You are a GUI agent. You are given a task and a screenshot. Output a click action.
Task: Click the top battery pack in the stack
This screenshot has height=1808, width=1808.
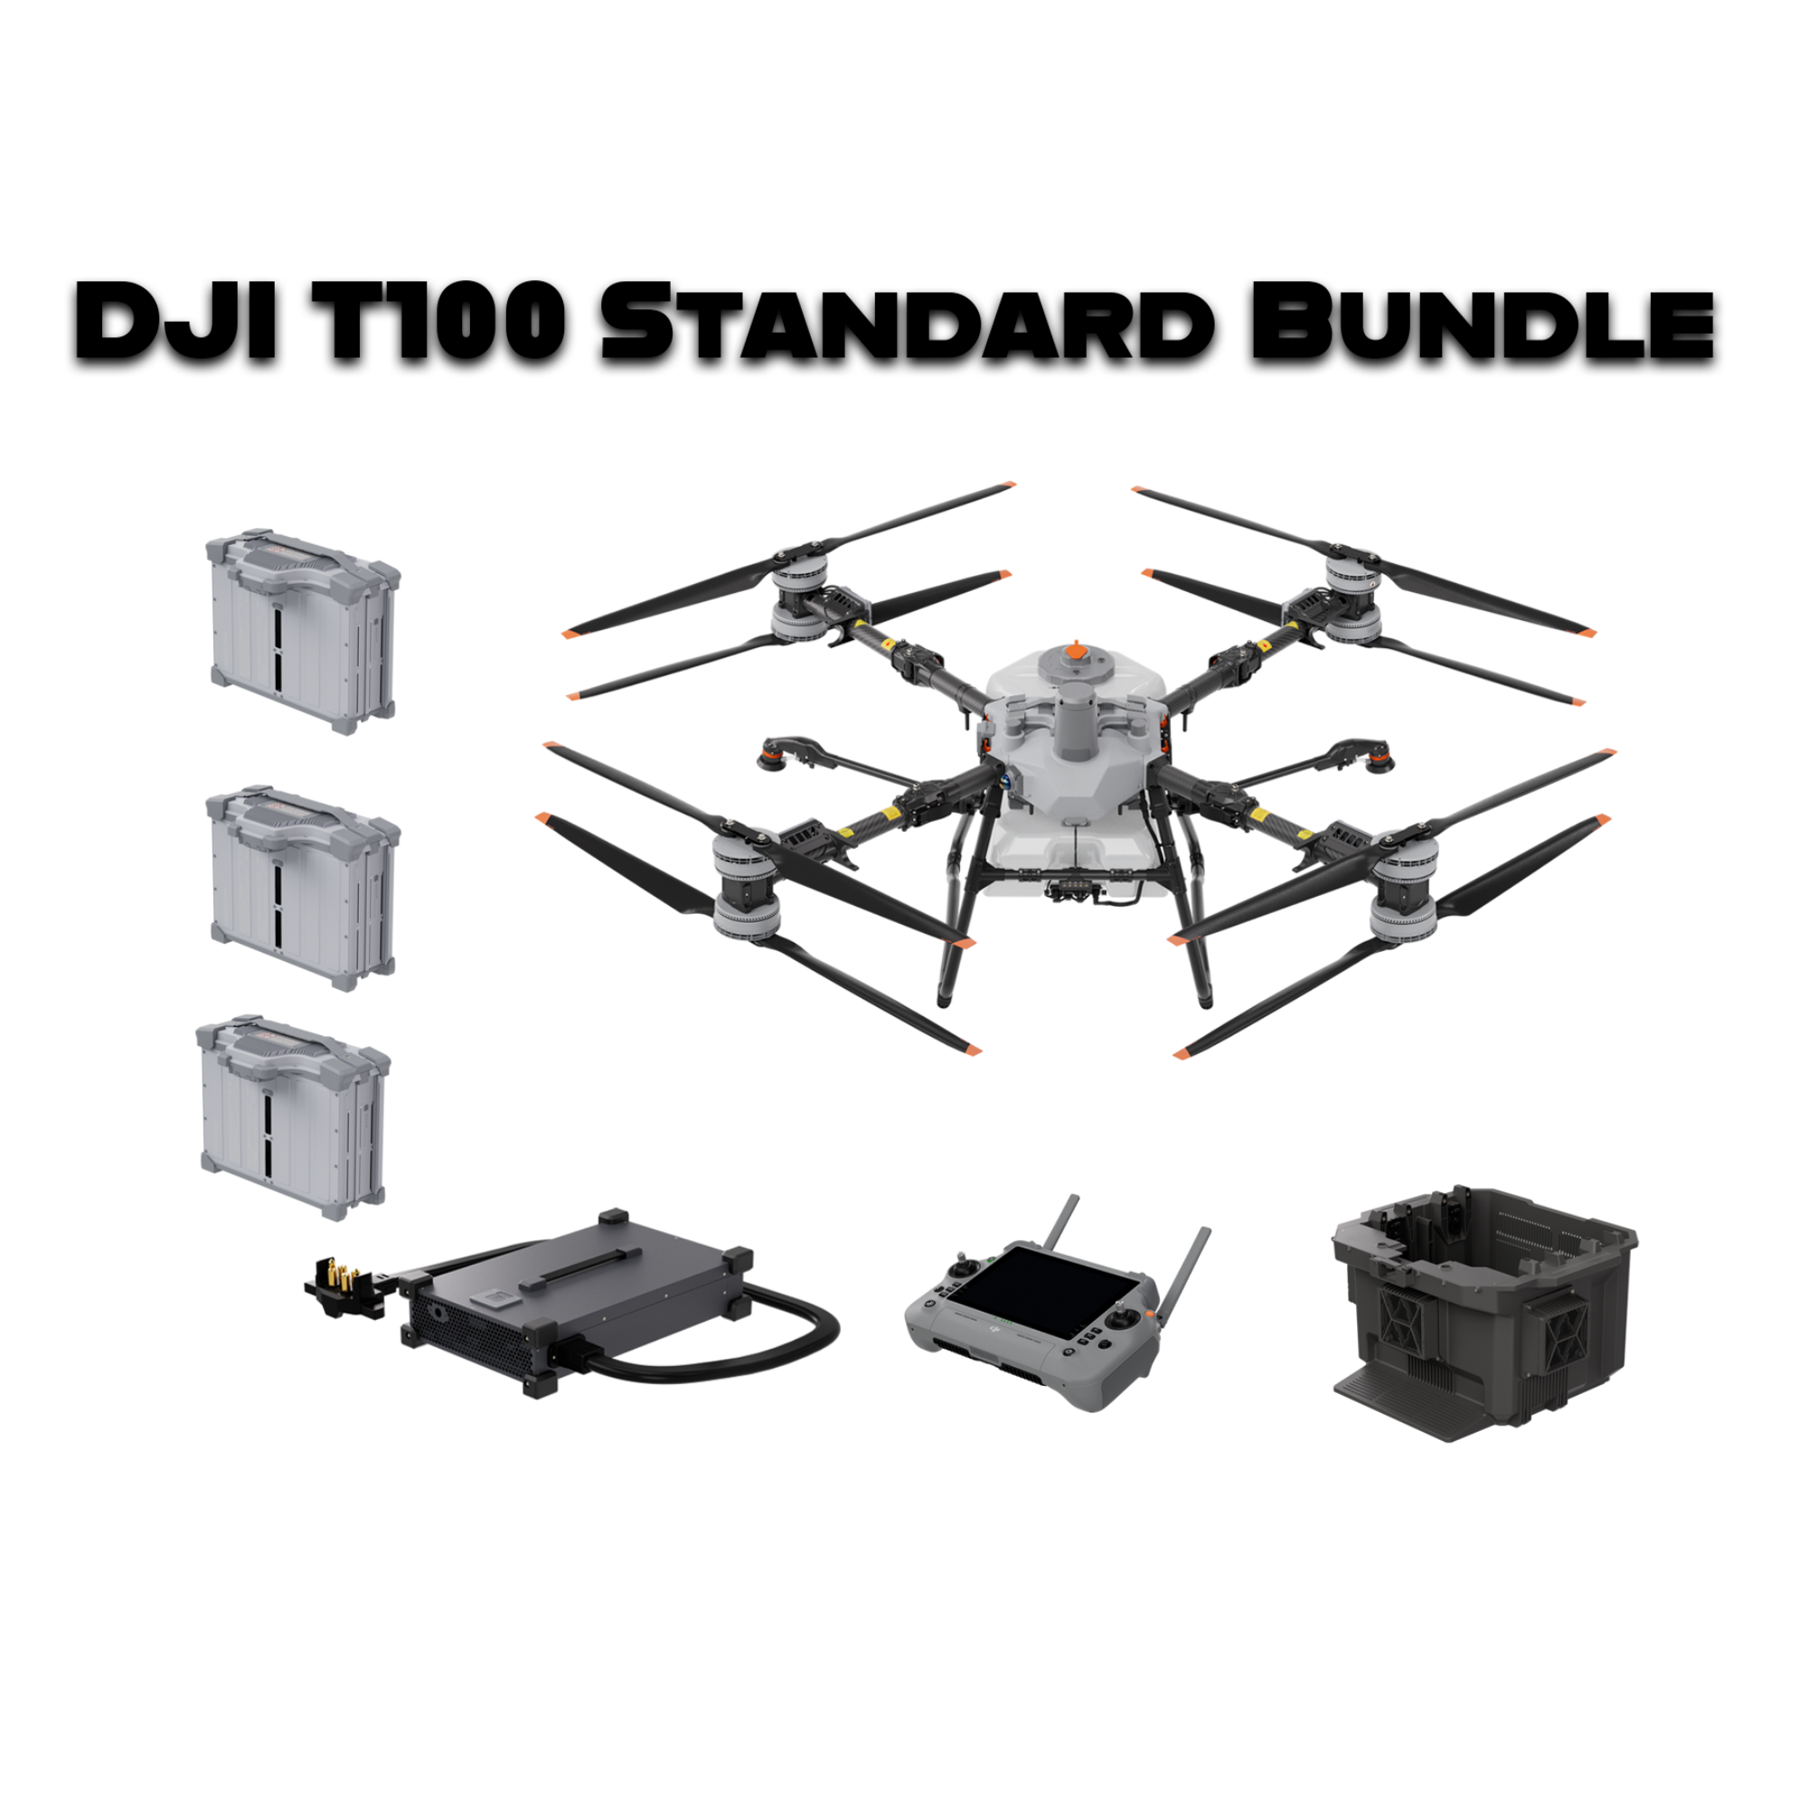tap(301, 632)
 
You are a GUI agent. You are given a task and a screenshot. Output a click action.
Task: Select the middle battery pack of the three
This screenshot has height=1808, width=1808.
tap(301, 886)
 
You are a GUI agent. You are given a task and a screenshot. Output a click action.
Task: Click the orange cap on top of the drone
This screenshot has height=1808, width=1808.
tap(1076, 648)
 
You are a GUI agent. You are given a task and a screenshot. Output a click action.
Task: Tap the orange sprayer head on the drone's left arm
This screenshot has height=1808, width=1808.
tap(775, 751)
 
